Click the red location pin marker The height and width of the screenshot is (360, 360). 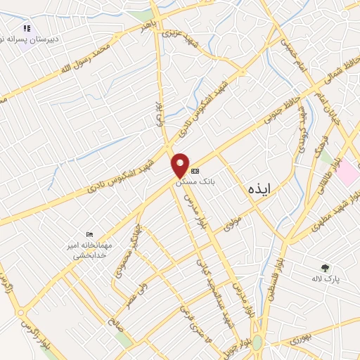(x=181, y=165)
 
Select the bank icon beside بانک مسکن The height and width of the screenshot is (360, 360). (x=195, y=171)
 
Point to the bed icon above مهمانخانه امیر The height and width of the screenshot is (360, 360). (x=89, y=234)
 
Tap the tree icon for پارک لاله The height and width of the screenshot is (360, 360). (x=324, y=268)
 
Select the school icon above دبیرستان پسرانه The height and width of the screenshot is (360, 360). (x=27, y=29)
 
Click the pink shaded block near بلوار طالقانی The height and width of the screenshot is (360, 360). (x=347, y=173)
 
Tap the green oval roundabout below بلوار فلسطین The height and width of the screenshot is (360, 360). (x=257, y=343)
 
